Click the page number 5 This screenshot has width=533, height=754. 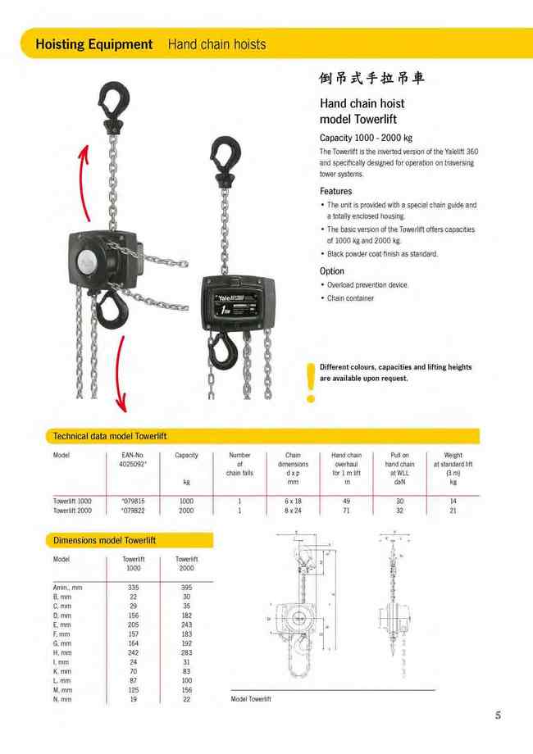(x=498, y=715)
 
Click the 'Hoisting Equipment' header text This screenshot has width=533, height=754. (x=93, y=44)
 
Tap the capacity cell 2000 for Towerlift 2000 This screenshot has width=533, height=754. (x=186, y=510)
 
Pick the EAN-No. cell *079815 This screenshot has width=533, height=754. (x=133, y=500)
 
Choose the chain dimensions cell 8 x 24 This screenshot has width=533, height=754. (x=293, y=510)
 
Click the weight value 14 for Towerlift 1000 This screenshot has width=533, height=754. (x=453, y=500)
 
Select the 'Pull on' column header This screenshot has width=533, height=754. (x=399, y=455)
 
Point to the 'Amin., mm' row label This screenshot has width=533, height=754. (x=68, y=588)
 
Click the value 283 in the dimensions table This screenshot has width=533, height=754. (x=186, y=653)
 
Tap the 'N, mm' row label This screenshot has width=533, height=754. (x=62, y=699)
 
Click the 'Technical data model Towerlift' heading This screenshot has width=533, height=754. (x=109, y=436)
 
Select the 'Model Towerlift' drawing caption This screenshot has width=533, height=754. (x=251, y=699)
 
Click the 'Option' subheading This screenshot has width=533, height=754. (x=331, y=270)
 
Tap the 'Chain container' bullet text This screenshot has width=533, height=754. (x=350, y=298)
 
